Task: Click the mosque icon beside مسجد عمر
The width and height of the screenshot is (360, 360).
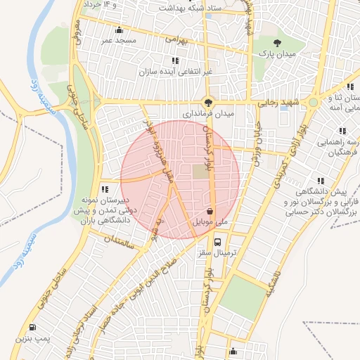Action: [x=119, y=30]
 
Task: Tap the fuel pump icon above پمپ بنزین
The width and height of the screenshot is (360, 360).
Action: [x=33, y=328]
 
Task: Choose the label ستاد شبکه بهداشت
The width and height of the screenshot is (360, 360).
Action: [x=184, y=9]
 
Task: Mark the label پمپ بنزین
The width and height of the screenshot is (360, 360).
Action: [x=32, y=338]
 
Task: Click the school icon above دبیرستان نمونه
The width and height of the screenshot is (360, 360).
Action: [x=105, y=188]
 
